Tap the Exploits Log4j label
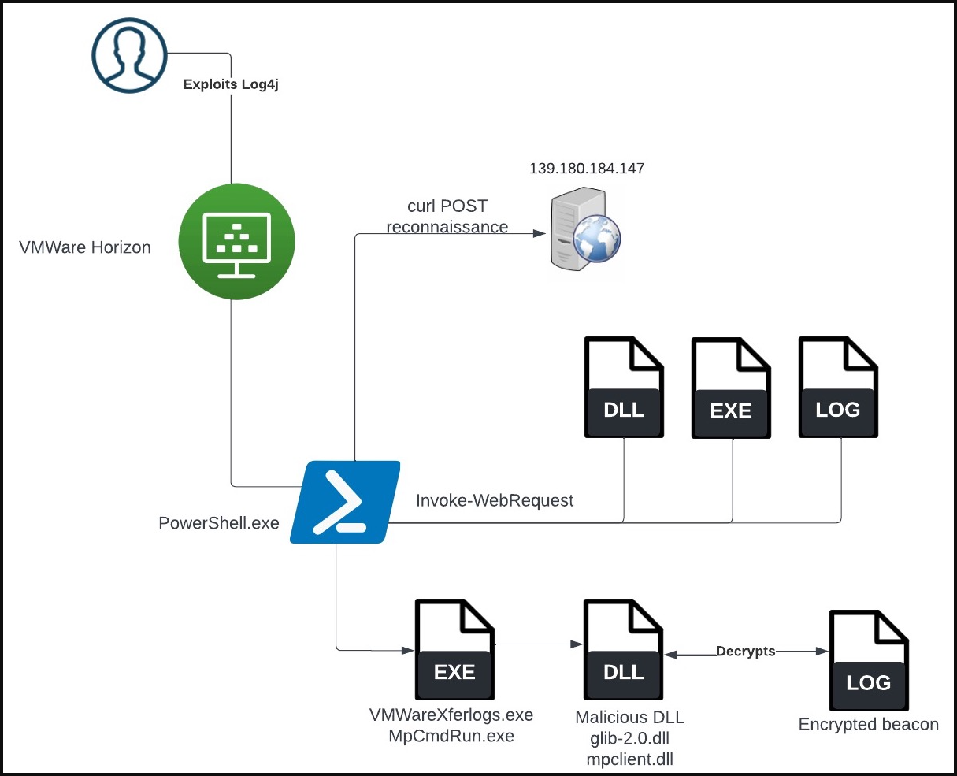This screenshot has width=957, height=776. coord(231,84)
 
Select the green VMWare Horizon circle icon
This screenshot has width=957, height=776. coord(236,241)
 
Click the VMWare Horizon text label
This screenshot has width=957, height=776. coord(85,247)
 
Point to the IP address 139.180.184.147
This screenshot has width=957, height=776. coord(587,169)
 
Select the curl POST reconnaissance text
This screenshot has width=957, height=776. coord(447,217)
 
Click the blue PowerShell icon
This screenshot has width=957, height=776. coord(344,502)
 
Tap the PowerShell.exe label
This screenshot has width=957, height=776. coord(219,523)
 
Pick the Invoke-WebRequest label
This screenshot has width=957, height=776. coord(495,500)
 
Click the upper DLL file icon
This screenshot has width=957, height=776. coord(624,387)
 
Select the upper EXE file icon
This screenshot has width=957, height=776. coord(731,387)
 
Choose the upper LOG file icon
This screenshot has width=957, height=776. coord(838,387)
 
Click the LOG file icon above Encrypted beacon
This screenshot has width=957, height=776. coord(868,659)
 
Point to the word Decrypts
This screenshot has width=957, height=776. coord(745,652)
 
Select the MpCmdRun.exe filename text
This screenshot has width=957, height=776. coord(451,737)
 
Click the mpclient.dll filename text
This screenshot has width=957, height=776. coord(630,759)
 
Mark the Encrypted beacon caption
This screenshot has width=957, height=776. coord(869,725)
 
